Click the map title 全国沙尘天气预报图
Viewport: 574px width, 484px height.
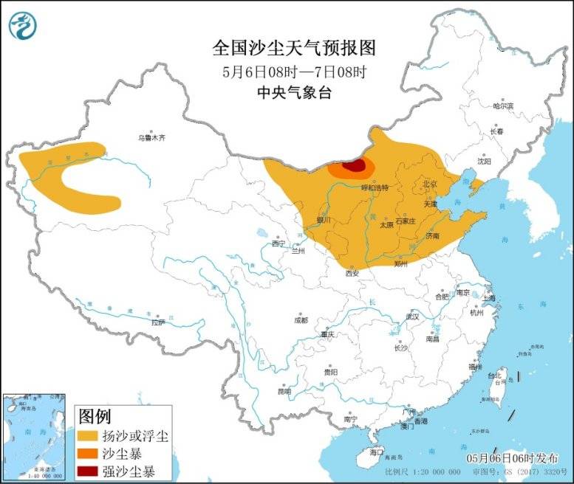click(294, 48)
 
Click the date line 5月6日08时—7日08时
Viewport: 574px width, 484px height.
click(294, 72)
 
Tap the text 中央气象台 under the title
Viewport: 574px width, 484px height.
click(294, 93)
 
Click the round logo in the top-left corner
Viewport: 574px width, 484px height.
click(24, 26)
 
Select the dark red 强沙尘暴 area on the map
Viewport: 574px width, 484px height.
click(356, 166)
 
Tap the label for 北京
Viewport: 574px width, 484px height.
click(429, 183)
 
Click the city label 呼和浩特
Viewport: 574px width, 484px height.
click(374, 188)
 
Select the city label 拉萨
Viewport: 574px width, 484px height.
click(158, 322)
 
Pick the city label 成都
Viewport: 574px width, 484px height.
click(301, 319)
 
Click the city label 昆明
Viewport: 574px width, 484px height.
click(284, 390)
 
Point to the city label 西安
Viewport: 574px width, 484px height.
click(352, 273)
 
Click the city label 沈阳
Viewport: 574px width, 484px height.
click(483, 160)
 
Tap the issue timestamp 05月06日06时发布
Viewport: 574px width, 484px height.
click(512, 457)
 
